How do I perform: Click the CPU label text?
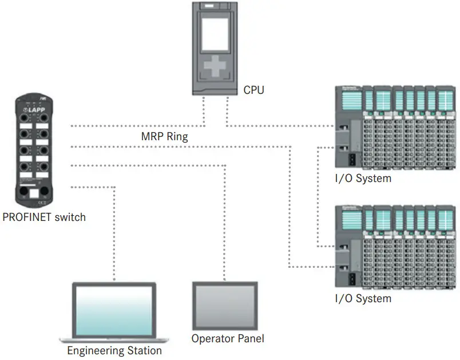pyautogui.click(x=253, y=90)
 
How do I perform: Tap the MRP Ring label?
pyautogui.click(x=164, y=137)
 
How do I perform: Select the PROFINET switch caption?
pyautogui.click(x=44, y=217)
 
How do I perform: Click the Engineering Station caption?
pyautogui.click(x=114, y=350)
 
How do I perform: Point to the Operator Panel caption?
pyautogui.click(x=228, y=338)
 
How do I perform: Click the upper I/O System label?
pyautogui.click(x=363, y=178)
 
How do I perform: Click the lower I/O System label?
pyautogui.click(x=363, y=298)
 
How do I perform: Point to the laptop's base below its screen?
pyautogui.click(x=114, y=339)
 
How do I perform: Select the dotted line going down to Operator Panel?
pyautogui.click(x=225, y=223)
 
